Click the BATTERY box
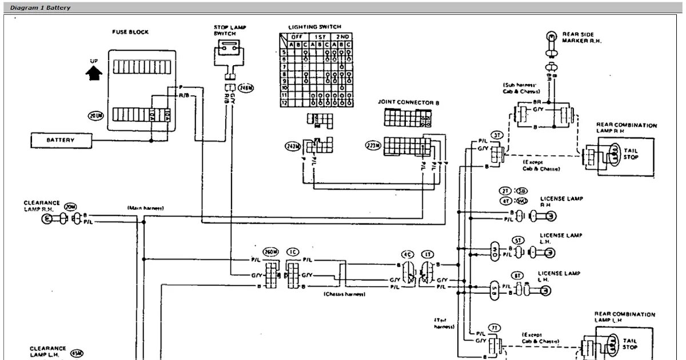click(61, 139)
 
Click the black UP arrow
click(94, 71)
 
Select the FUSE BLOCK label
click(130, 33)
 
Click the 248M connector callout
click(246, 88)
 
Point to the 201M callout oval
click(97, 115)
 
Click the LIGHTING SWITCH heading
click(315, 27)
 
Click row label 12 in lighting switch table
click(283, 103)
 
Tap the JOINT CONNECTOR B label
click(409, 102)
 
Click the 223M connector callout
click(374, 146)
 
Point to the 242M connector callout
click(293, 146)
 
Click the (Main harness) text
click(145, 209)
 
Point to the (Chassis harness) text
click(344, 294)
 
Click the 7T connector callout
click(495, 329)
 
